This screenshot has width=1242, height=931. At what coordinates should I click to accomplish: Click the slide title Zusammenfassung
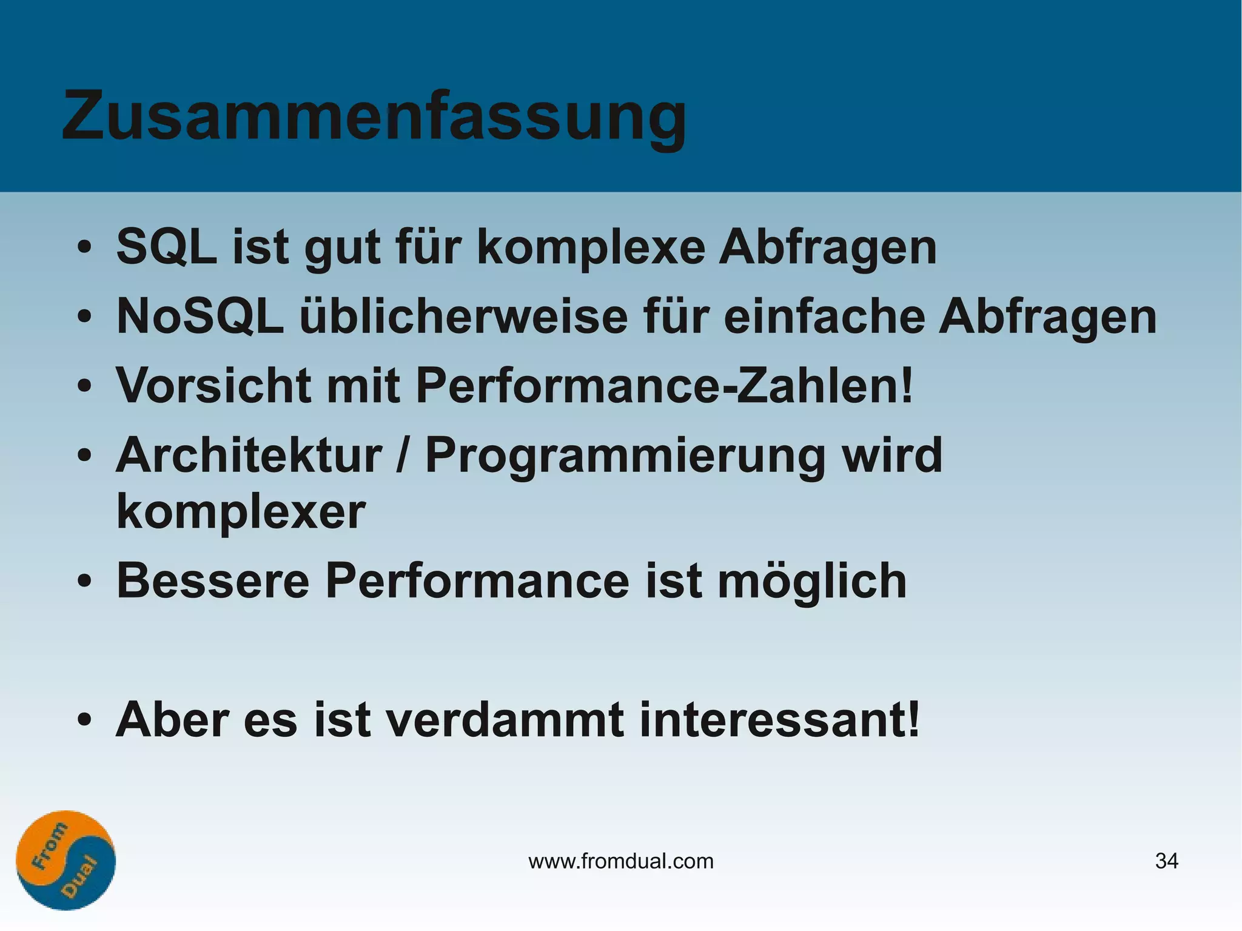tap(374, 116)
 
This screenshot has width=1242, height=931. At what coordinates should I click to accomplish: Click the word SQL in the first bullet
tap(166, 247)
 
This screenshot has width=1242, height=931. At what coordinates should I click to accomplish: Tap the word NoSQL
tap(200, 317)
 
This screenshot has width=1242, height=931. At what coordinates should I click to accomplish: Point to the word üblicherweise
tap(464, 317)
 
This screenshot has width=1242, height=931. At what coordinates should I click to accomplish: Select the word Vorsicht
tap(214, 386)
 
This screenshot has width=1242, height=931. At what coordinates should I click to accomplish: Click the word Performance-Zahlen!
tap(664, 386)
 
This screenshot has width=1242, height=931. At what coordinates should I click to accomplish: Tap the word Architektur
tap(249, 455)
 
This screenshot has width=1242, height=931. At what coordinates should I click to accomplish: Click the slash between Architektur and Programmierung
tap(401, 456)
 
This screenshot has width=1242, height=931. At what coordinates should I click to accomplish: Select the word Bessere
tap(213, 581)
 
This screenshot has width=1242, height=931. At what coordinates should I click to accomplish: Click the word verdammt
tap(505, 720)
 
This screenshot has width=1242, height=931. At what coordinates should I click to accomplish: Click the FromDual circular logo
tap(65, 860)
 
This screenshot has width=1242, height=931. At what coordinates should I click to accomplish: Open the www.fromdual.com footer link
tap(621, 861)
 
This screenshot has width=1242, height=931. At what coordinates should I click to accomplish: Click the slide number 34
tap(1166, 861)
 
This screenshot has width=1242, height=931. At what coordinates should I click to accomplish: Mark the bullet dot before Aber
tap(84, 720)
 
